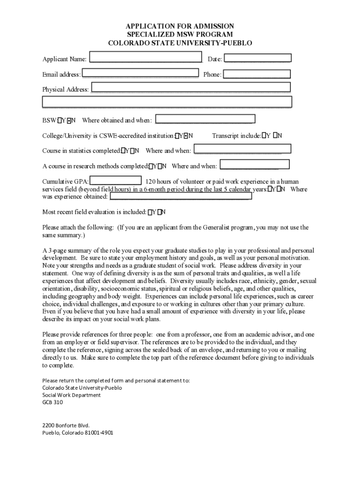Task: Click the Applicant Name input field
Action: point(145,58)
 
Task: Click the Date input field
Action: point(258,58)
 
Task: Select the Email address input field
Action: point(140,74)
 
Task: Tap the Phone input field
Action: point(256,74)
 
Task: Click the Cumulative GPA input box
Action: point(115,181)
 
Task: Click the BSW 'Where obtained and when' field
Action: point(203,120)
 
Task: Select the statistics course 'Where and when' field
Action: point(242,149)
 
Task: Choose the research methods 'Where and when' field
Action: point(254,165)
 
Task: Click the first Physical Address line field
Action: point(191,87)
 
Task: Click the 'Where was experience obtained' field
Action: point(180,196)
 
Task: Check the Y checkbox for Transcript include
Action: point(264,136)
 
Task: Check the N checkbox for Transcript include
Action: point(275,136)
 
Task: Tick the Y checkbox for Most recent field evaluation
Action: point(150,212)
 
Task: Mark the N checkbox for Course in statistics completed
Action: point(132,151)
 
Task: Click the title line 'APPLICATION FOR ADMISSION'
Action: point(180,26)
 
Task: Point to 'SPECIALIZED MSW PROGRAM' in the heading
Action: point(180,35)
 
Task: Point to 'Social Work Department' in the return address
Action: point(71,395)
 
